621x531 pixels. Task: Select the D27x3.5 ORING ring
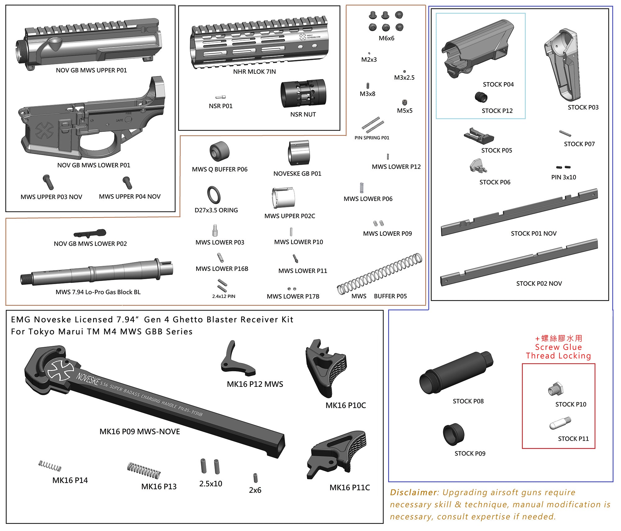tap(214, 195)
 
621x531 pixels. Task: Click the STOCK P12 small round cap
tap(481, 97)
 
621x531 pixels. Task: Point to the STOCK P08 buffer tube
tap(456, 373)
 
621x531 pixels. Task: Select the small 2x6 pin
tap(255, 478)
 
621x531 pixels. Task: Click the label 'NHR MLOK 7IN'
tap(254, 72)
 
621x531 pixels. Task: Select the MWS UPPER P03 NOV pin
tap(48, 182)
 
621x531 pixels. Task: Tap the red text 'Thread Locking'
tap(558, 356)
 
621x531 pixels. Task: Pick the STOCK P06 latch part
tap(478, 166)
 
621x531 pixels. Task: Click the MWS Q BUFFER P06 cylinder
tap(219, 151)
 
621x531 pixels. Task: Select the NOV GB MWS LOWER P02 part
tap(90, 233)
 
